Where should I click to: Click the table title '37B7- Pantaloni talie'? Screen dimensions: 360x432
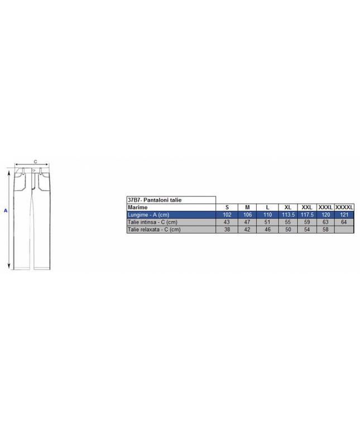click(155, 200)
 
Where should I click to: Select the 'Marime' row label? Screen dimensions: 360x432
click(137, 208)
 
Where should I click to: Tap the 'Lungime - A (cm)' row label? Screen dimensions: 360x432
click(148, 215)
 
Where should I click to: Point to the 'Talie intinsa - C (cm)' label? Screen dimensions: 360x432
click(152, 222)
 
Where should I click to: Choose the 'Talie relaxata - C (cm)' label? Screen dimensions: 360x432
click(154, 229)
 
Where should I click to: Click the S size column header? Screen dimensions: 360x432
click(227, 208)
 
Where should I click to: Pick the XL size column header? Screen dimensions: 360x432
click(288, 208)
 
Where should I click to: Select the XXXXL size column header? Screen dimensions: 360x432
click(344, 208)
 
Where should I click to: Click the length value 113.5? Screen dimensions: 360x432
click(288, 215)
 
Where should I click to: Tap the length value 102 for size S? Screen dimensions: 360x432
click(227, 215)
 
